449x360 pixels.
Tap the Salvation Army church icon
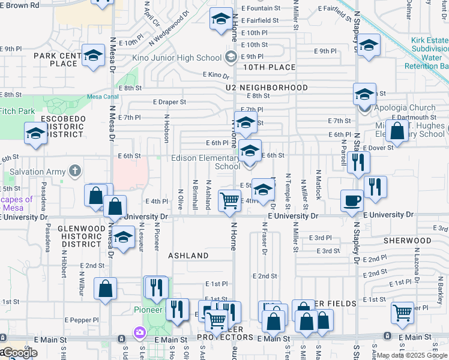[74, 172]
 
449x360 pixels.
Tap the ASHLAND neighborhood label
[188, 256]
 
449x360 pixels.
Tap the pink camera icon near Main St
[140, 332]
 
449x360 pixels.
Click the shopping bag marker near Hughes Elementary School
[397, 130]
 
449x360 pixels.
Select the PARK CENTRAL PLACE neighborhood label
[57, 59]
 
